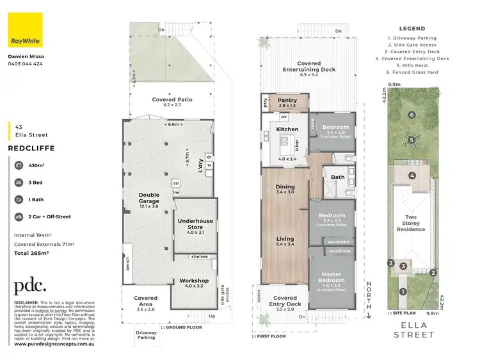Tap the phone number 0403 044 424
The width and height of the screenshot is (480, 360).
click(x=26, y=64)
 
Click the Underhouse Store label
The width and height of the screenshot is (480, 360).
click(x=194, y=224)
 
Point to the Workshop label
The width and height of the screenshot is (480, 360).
click(x=194, y=281)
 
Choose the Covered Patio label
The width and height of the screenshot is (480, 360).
click(x=172, y=100)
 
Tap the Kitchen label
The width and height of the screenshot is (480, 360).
click(x=287, y=129)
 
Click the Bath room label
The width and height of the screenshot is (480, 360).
click(x=338, y=177)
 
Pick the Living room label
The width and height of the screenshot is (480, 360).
click(x=285, y=240)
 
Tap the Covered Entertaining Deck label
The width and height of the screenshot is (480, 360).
click(x=308, y=67)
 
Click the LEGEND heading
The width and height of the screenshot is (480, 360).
click(x=412, y=29)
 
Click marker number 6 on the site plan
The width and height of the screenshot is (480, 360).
click(x=412, y=115)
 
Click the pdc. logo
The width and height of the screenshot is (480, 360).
click(x=31, y=286)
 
